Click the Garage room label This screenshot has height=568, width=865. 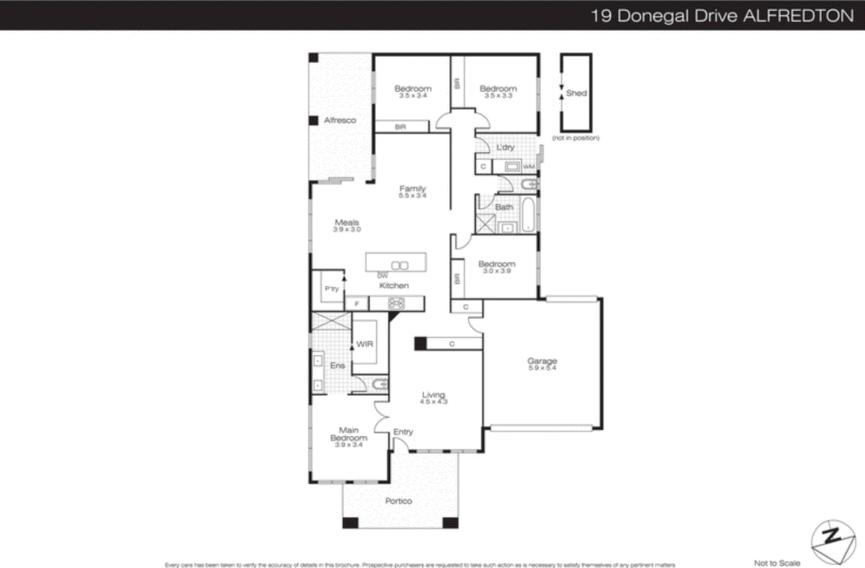pos(542,360)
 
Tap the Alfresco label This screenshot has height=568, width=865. pos(340,120)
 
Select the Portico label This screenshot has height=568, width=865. pos(398,501)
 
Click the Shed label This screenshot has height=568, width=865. pos(576,93)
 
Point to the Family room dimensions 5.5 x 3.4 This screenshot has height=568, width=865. pos(412,195)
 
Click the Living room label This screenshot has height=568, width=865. pos(434,395)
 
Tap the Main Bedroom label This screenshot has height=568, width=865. pos(349,434)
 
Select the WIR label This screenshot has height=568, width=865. pos(364,344)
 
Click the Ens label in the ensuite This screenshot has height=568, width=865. pos(337,366)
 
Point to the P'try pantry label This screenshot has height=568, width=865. pos(331,289)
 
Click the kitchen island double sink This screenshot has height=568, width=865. pos(400,266)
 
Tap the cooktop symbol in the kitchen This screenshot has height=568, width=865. pos(396,304)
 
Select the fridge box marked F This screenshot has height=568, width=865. pos(357,304)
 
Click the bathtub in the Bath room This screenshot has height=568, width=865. pos(528,215)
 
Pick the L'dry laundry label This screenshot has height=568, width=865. pos(505,147)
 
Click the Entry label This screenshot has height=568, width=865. pos(403,432)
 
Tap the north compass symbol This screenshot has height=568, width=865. pos(833,541)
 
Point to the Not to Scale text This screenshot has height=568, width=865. pos(777,563)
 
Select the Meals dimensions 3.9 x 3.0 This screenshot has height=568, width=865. pos(347,229)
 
